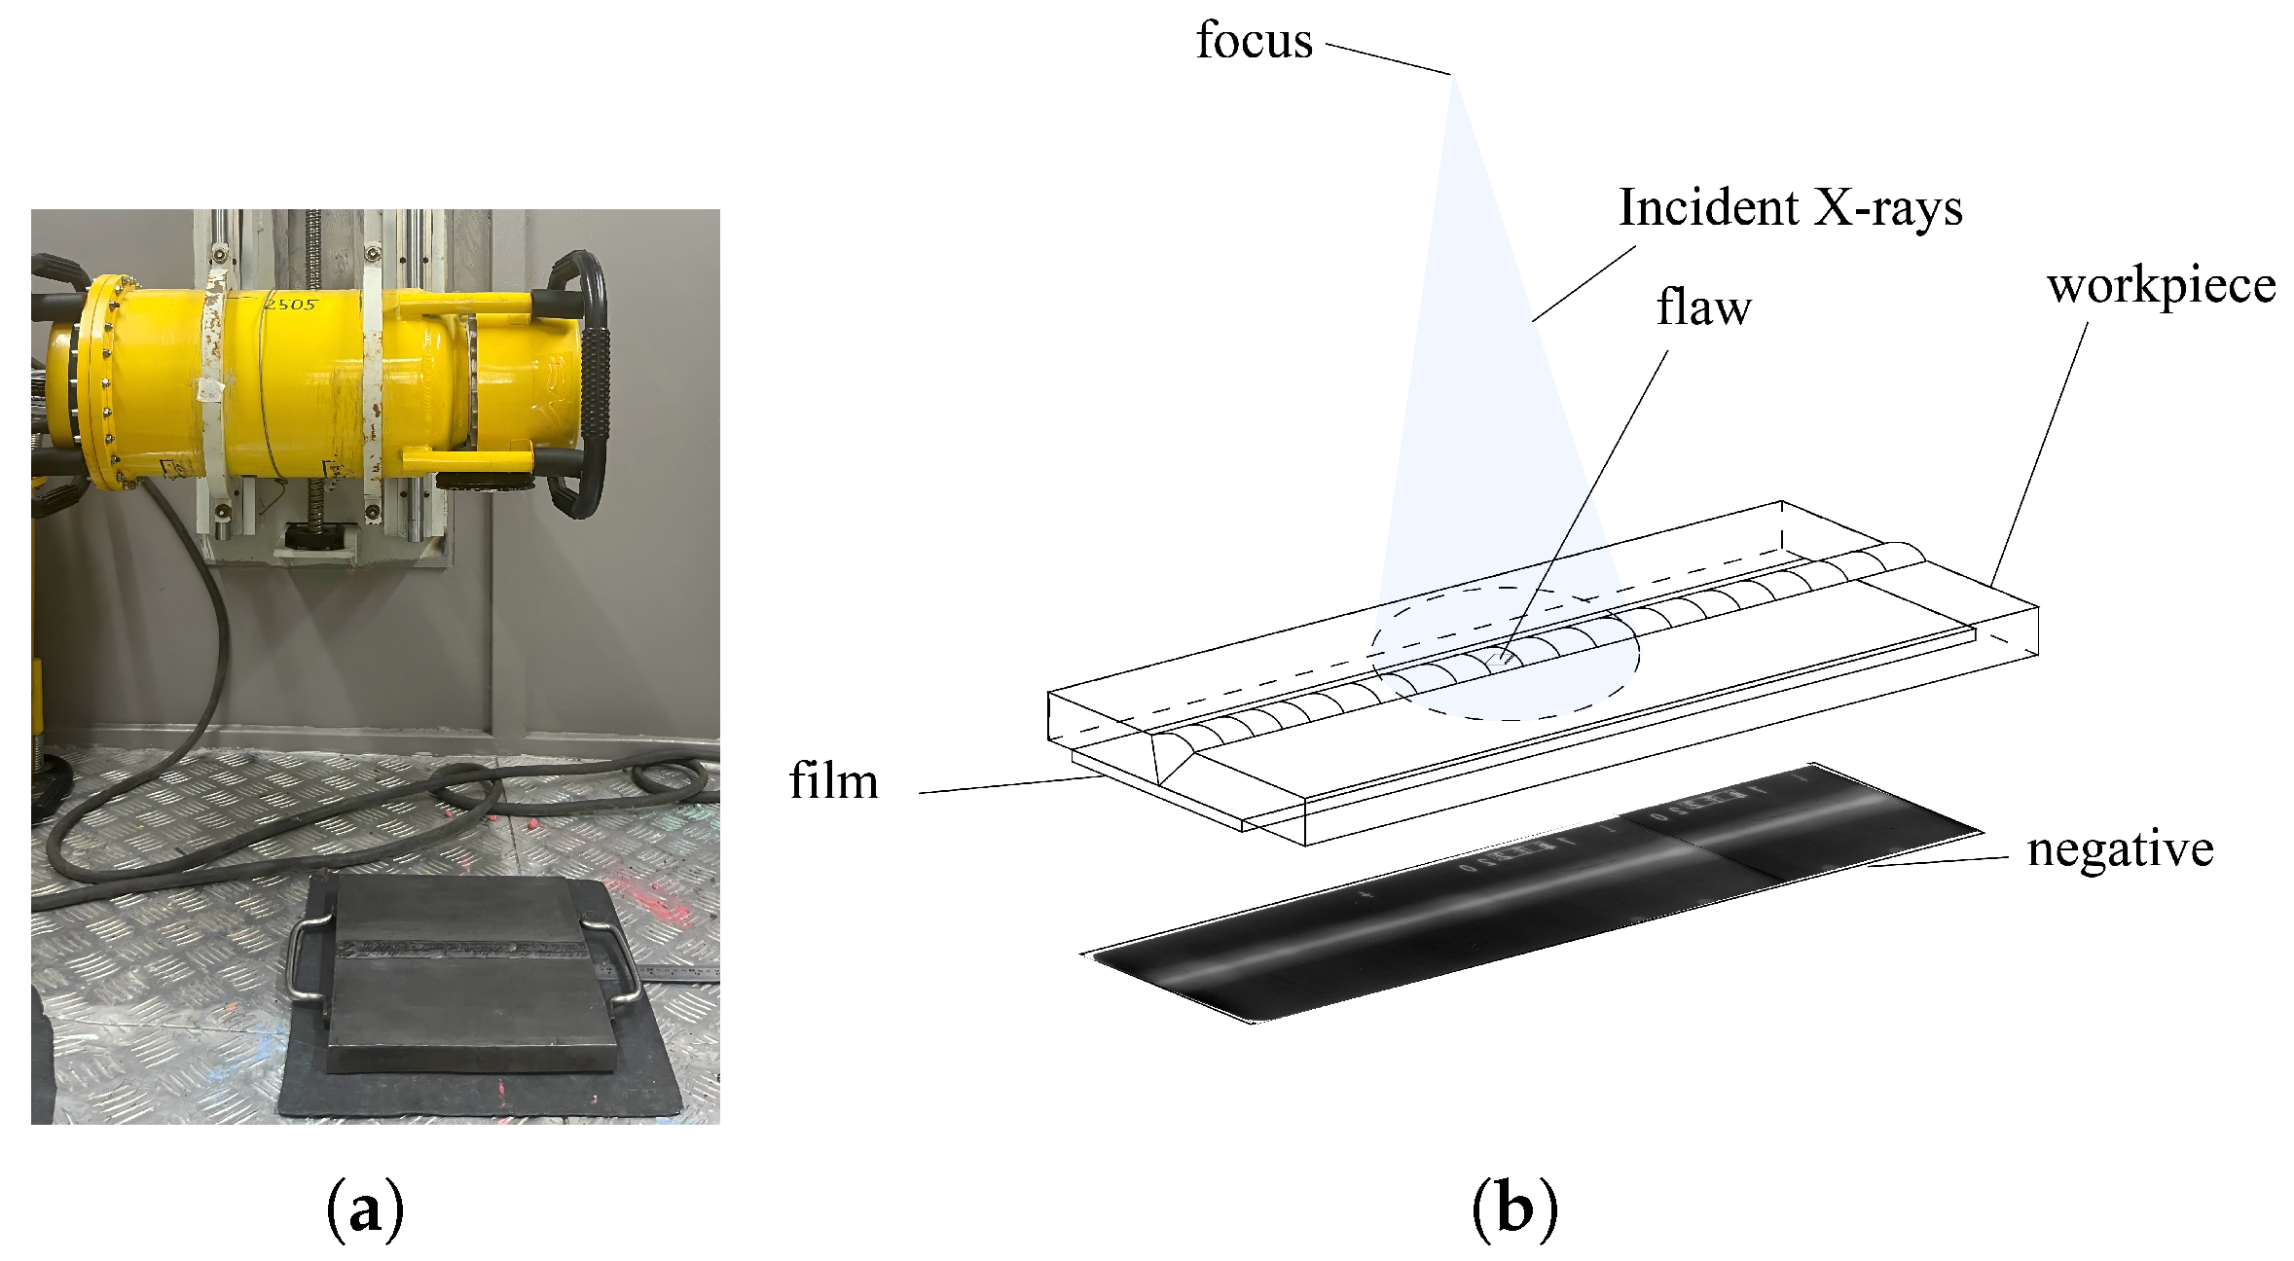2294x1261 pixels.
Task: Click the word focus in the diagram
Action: (x=1254, y=42)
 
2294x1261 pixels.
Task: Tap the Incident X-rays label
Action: (x=1790, y=208)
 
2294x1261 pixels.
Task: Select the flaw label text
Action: (x=1703, y=307)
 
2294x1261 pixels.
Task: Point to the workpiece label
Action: (x=2161, y=286)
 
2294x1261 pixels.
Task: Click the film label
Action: (x=834, y=782)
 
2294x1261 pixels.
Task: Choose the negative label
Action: (x=2120, y=849)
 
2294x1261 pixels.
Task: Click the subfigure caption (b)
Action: (x=1514, y=1208)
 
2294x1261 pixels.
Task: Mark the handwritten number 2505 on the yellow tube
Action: (x=291, y=305)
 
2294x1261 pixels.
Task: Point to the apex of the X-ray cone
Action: (x=1455, y=78)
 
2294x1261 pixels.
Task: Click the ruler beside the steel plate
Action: (x=672, y=971)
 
